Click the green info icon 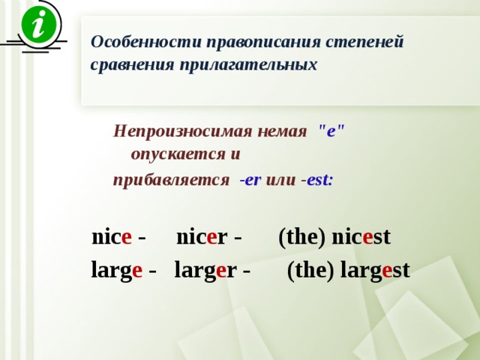point(39,24)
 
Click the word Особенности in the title point(145,42)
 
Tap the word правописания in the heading point(263,43)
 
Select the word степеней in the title point(364,43)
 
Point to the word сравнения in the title point(132,65)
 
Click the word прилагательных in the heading point(248,65)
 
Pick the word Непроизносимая point(183,131)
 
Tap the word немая point(282,132)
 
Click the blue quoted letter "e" point(331,131)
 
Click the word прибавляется point(171,180)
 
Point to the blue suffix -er point(250,180)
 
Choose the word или point(280,180)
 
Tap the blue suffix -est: point(316,180)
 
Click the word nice point(112,237)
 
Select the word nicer point(202,237)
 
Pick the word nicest point(361,237)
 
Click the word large point(117,270)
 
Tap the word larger point(205,270)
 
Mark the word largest point(375,270)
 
